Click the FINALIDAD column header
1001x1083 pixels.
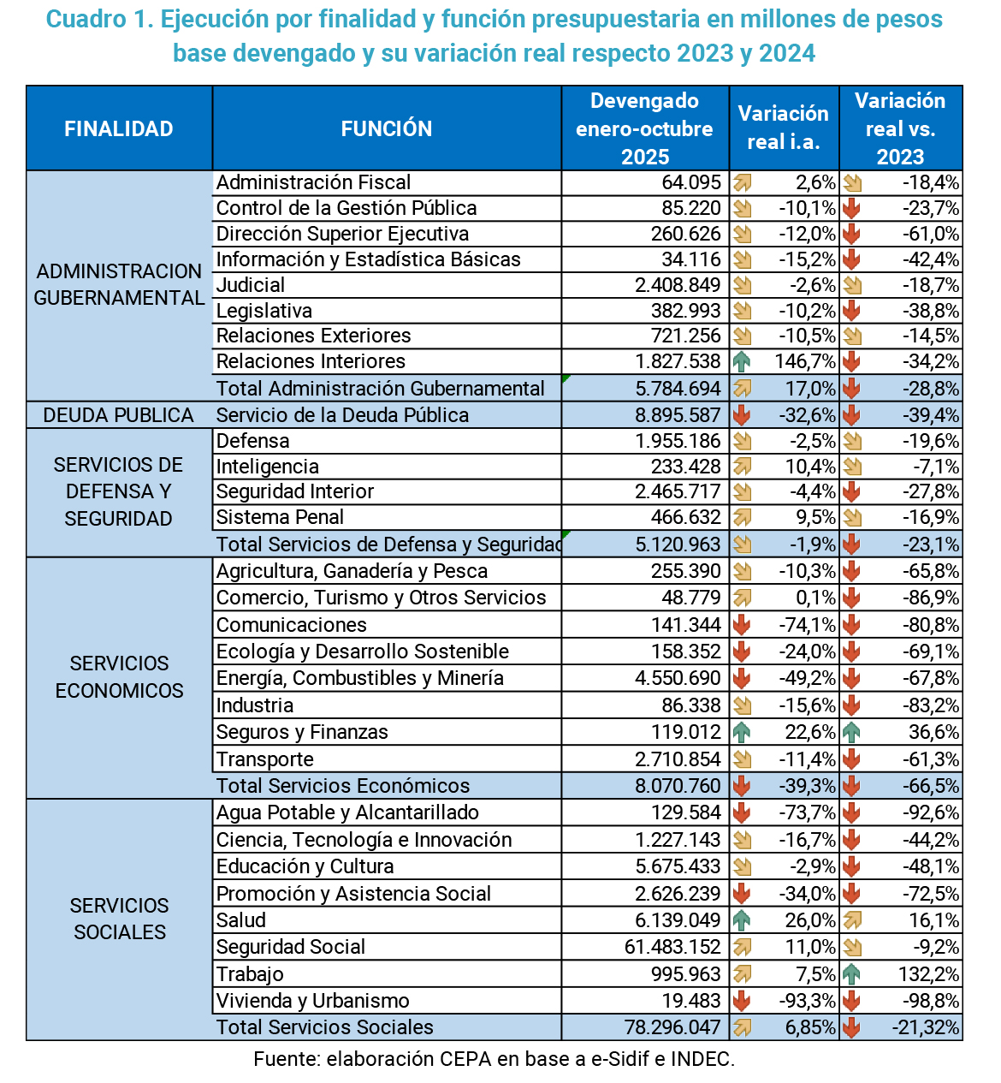tap(119, 128)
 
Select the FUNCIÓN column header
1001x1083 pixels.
tap(387, 128)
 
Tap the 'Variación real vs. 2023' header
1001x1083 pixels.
tap(900, 128)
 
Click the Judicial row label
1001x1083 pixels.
tap(251, 285)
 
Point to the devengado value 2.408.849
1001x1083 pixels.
tap(678, 285)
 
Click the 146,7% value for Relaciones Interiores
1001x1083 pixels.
tap(805, 361)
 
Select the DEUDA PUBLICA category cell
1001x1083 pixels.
tap(119, 415)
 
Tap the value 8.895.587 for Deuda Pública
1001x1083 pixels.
tap(678, 415)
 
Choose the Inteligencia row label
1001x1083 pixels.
tap(268, 467)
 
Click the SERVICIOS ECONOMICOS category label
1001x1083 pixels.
tap(119, 676)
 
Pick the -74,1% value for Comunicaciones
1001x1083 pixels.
tap(807, 625)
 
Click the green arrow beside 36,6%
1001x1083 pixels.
tap(851, 732)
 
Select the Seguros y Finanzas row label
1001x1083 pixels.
tap(302, 732)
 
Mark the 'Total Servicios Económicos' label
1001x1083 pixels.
tap(343, 786)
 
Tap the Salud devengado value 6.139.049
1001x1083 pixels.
tap(678, 920)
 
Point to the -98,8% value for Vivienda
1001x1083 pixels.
tap(931, 1001)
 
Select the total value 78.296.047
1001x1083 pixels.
tap(673, 1027)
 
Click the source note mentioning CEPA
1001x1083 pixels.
tap(494, 1059)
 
